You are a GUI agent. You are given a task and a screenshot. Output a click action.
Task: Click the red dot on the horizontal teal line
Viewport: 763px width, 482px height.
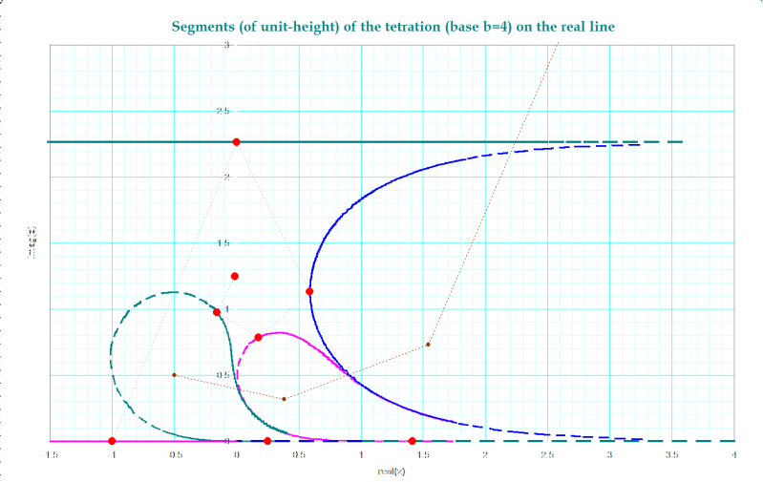tap(236, 142)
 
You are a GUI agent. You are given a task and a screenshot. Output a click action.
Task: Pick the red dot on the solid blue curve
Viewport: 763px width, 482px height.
tap(309, 291)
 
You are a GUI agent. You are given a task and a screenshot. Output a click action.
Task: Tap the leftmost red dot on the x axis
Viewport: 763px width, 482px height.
tap(112, 441)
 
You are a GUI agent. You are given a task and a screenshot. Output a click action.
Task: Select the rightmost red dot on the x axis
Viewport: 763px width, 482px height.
tap(412, 441)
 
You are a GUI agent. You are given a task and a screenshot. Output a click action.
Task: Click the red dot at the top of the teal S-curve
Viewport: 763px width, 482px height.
tap(217, 312)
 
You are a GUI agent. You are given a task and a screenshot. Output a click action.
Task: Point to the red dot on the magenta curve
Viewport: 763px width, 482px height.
tap(258, 337)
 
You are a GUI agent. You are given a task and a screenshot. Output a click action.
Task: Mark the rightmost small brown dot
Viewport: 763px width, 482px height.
tap(428, 345)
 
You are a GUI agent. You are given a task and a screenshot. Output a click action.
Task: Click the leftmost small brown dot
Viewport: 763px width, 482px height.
tap(174, 375)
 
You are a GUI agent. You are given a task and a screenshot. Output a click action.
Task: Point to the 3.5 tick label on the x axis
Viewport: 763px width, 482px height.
tap(670, 455)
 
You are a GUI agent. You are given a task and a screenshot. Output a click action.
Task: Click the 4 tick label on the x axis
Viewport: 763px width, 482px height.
tap(733, 455)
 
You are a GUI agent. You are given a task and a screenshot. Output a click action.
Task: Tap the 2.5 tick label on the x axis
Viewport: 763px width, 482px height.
tap(546, 455)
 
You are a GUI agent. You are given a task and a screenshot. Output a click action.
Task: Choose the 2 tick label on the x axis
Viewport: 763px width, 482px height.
tap(485, 455)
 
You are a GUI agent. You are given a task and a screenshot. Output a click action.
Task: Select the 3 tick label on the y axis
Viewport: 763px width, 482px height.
tap(227, 46)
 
